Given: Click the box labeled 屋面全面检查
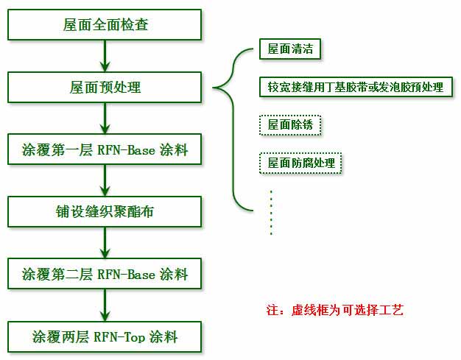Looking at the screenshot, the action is (x=105, y=25).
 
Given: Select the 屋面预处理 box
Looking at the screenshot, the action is (x=105, y=88).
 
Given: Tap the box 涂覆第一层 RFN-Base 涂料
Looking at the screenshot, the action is (x=105, y=149).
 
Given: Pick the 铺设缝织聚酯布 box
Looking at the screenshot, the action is (x=105, y=211).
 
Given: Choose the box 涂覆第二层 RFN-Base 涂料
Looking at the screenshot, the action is (x=105, y=274).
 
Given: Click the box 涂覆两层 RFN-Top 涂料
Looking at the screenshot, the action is (x=105, y=336).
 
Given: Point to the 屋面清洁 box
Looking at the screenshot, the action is (x=290, y=49).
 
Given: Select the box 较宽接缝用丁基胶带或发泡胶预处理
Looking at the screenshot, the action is (x=356, y=87).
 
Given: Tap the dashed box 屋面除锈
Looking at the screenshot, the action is (x=290, y=125).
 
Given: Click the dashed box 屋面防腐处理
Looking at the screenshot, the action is (x=300, y=163).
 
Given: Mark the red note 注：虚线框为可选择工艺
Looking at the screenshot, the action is (x=335, y=310).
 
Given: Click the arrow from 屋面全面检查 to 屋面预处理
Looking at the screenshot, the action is (x=105, y=56).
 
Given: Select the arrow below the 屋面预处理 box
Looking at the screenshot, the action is (x=105, y=118).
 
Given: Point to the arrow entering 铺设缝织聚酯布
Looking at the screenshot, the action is (x=105, y=180).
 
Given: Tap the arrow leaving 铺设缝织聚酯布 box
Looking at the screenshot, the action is (x=105, y=243).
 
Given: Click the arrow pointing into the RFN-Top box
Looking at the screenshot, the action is (x=105, y=305).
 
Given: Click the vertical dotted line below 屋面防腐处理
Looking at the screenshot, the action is (x=271, y=213).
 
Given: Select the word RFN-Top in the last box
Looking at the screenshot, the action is (x=119, y=337).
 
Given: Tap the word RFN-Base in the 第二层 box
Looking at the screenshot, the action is (x=126, y=274).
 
